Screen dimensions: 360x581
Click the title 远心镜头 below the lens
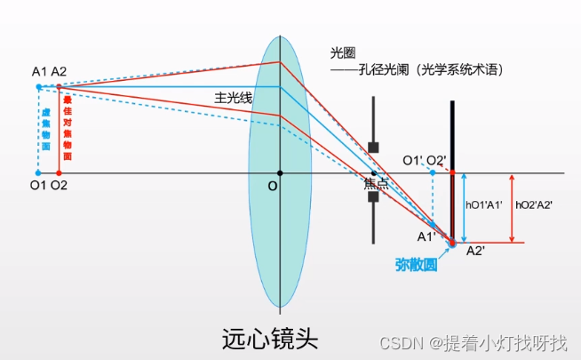pos(270,338)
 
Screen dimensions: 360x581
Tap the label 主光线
pos(233,98)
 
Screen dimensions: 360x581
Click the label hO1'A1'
pos(484,204)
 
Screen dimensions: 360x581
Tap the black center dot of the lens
pos(280,172)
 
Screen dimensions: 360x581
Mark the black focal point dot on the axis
pos(374,172)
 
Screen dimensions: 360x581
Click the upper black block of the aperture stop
pos(374,147)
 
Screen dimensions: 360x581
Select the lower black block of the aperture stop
pos(374,197)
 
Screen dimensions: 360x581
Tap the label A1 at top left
pos(39,71)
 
